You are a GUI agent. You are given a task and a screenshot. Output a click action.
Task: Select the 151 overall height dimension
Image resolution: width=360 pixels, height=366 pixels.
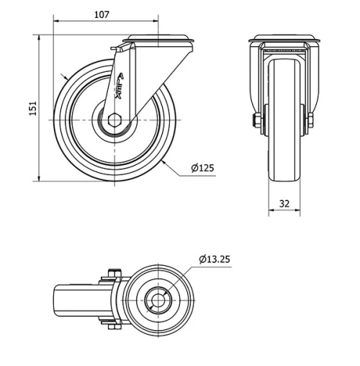tap(32, 107)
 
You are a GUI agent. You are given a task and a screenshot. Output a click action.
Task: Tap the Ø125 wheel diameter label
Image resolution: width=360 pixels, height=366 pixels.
tap(202, 169)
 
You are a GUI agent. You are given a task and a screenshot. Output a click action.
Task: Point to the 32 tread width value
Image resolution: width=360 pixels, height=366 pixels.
tap(284, 204)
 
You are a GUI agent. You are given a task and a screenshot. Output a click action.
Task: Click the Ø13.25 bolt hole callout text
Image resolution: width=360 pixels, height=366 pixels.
tap(215, 259)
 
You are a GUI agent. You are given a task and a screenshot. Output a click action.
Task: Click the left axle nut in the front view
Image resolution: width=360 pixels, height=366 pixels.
tap(255, 120)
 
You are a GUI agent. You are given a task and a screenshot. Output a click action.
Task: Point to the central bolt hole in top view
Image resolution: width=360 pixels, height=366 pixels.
tap(157, 300)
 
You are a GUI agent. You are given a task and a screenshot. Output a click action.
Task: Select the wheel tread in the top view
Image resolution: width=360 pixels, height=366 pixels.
tap(72, 300)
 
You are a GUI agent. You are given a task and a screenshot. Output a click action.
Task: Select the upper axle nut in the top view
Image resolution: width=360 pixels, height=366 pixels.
tap(112, 274)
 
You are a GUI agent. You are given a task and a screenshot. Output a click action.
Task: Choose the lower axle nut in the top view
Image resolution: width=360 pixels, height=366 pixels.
tap(112, 326)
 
